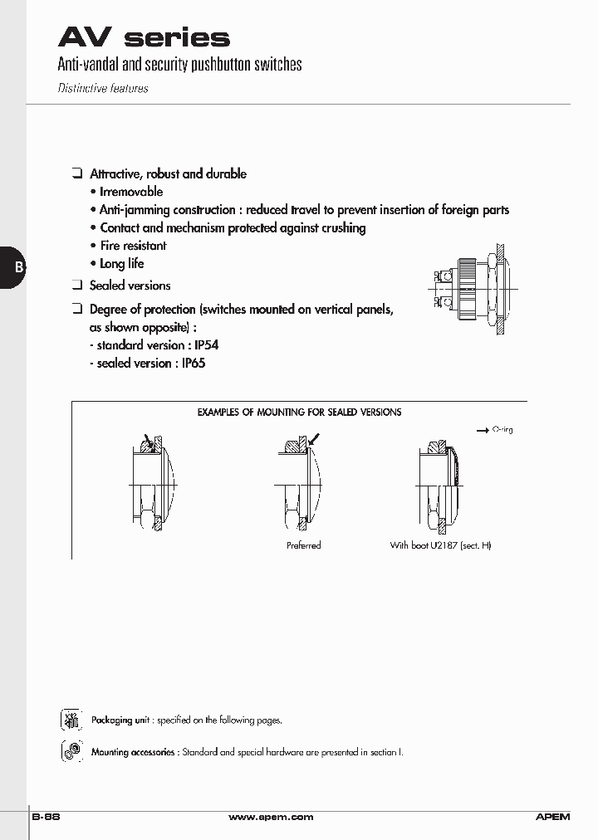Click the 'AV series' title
(143, 37)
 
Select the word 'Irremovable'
(130, 192)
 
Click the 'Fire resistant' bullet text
(133, 246)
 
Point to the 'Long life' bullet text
(121, 264)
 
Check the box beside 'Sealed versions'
(76, 285)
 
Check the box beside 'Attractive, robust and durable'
(76, 173)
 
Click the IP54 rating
(206, 345)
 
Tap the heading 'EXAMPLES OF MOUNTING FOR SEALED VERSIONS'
(299, 412)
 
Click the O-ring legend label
(502, 430)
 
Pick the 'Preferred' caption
(303, 545)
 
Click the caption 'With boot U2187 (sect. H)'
(440, 545)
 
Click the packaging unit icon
(71, 720)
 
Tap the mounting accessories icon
(71, 751)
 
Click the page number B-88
(46, 817)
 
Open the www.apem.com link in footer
(271, 817)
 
